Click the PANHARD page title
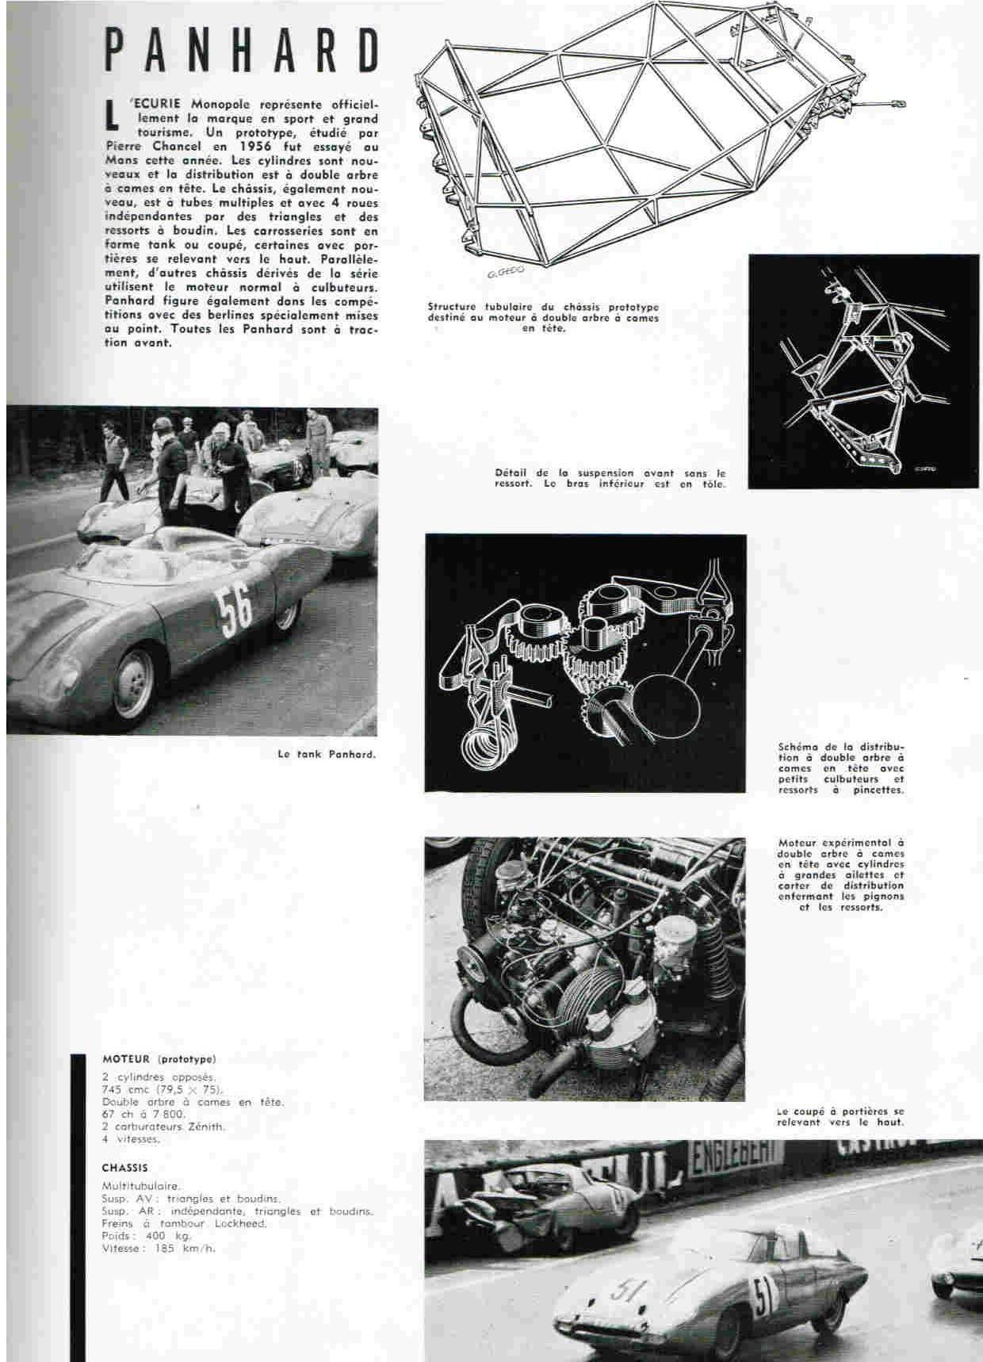(x=243, y=52)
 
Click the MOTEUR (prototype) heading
(x=159, y=1058)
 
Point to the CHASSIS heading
(x=124, y=1168)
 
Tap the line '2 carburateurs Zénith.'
(x=163, y=1126)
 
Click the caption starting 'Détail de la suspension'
(x=610, y=478)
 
